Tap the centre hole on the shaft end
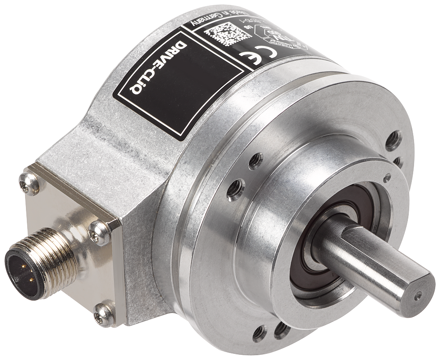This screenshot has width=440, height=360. (x=418, y=295)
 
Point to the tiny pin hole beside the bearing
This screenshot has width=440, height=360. (x=387, y=177)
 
